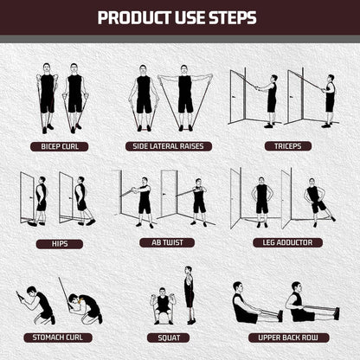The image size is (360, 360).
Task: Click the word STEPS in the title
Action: tap(233, 18)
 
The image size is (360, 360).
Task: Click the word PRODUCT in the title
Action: tap(134, 18)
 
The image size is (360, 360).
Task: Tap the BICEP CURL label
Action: tap(60, 146)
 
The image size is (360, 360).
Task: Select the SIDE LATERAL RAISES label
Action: tap(169, 146)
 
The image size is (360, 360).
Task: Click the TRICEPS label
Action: tap(288, 146)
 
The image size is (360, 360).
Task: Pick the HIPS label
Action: tap(60, 244)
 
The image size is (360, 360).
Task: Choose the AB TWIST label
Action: tap(167, 242)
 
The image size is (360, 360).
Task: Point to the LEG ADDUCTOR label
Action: tap(287, 242)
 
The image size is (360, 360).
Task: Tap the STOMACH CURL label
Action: tap(58, 337)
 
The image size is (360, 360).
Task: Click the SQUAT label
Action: tap(169, 337)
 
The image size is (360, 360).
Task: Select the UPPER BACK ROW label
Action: tap(288, 337)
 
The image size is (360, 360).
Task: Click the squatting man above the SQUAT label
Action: tap(163, 305)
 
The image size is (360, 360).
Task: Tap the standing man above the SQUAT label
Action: tap(189, 295)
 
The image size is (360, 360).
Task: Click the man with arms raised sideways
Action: tap(185, 98)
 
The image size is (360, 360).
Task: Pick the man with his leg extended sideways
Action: tap(318, 202)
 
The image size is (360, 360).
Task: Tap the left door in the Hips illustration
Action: tap(27, 197)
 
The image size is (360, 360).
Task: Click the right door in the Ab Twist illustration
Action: tap(169, 193)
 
